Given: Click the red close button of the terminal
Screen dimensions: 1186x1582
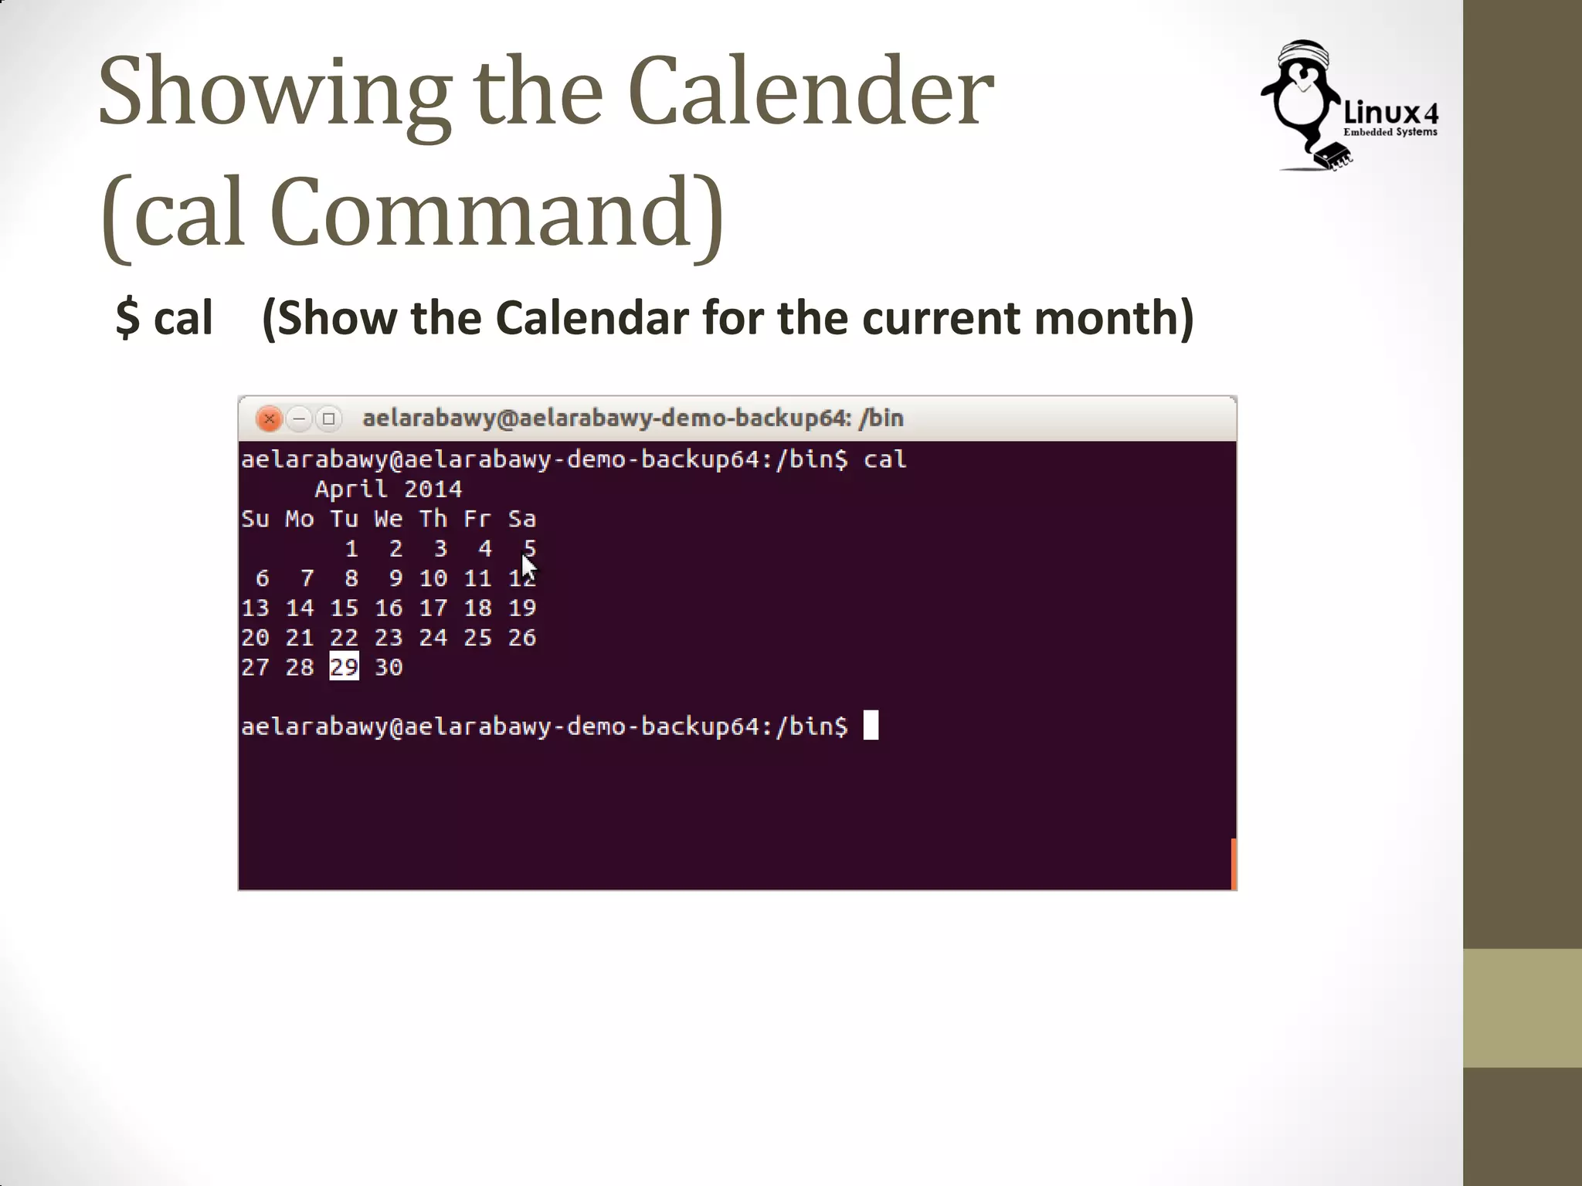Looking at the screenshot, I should (269, 418).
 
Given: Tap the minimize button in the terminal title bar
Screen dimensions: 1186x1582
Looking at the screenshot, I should (299, 418).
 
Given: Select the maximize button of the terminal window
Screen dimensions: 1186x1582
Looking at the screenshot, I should (329, 418).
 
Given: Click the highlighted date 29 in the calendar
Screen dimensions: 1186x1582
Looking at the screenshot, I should (345, 666).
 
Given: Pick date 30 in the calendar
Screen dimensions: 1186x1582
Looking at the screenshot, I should (389, 667).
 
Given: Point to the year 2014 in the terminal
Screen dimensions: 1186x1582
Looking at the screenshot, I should (433, 489).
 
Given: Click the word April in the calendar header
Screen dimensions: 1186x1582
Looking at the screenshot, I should (351, 489).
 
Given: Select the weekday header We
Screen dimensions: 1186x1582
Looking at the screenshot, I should (389, 519).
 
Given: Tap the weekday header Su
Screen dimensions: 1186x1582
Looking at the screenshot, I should (255, 519).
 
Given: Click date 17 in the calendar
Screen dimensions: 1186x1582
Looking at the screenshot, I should (433, 608).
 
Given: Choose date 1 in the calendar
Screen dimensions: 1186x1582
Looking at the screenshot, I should (351, 548).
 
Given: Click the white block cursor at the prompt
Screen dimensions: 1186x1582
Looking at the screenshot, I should (871, 726).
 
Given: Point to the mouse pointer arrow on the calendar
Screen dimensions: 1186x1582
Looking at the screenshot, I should (528, 568).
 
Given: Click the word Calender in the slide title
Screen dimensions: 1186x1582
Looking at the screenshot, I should (810, 91).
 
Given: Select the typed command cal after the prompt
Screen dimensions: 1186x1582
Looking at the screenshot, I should (884, 459).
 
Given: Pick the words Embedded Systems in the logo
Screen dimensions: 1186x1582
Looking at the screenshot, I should (1390, 132).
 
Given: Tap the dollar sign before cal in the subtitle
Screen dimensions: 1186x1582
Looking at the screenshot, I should (127, 317).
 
